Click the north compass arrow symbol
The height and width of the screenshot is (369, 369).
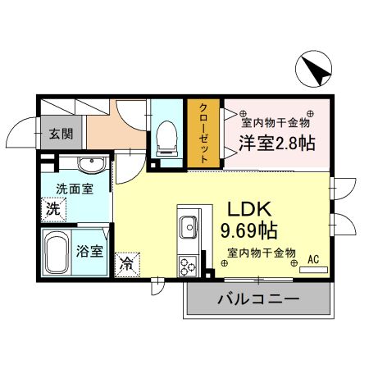(x=315, y=70)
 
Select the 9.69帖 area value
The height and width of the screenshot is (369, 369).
(x=248, y=231)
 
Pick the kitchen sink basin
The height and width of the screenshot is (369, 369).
(x=187, y=225)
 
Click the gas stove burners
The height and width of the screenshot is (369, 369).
(x=186, y=265)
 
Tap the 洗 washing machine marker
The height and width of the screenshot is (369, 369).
(x=52, y=208)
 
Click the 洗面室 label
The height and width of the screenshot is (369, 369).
(x=73, y=189)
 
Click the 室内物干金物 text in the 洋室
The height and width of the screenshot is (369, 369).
(x=275, y=122)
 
